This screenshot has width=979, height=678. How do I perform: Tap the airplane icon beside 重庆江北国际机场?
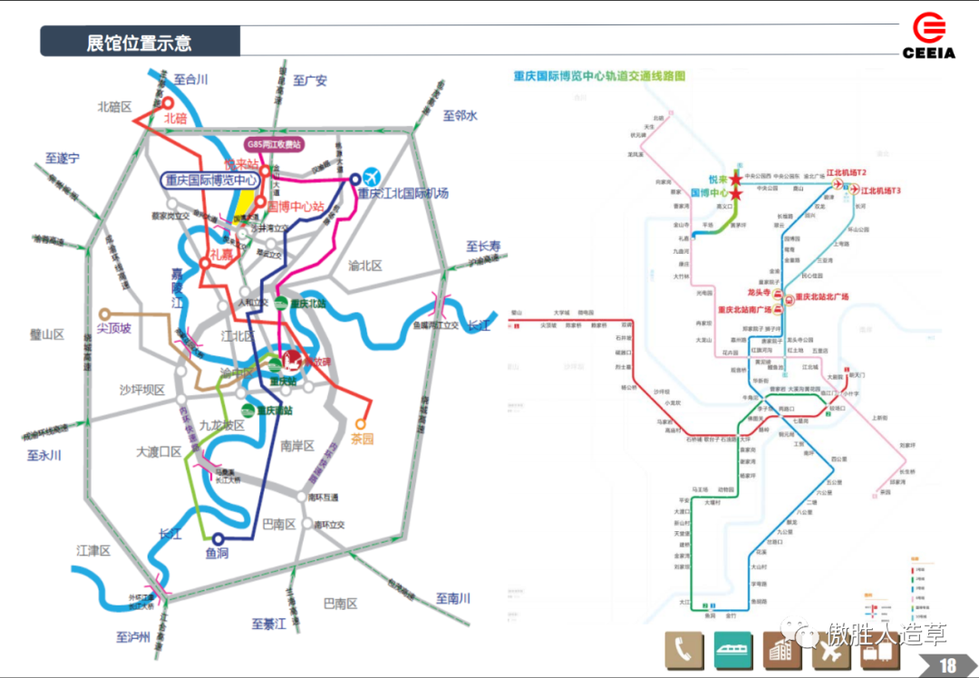[x=371, y=176]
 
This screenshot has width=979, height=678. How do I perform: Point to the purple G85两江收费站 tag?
[x=275, y=144]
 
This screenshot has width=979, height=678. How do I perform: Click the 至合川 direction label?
[x=191, y=80]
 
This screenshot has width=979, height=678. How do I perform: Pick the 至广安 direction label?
[x=310, y=81]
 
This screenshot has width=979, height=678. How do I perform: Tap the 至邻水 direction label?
[x=460, y=115]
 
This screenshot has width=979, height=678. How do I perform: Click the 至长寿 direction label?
[x=483, y=246]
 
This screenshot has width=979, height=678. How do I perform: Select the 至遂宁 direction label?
[x=63, y=158]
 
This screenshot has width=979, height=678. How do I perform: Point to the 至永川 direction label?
[x=44, y=455]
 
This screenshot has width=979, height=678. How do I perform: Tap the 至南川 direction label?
[x=453, y=598]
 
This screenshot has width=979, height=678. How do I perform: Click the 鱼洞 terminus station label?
[x=217, y=554]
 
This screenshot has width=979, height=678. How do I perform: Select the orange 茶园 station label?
[x=363, y=440]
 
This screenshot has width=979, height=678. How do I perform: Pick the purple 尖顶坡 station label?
[x=114, y=327]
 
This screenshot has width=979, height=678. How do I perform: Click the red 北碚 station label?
[x=175, y=118]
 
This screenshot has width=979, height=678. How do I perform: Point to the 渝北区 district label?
[x=365, y=266]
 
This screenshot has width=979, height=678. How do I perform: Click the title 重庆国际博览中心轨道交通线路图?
[x=599, y=76]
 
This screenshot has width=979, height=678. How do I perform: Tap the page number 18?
[x=947, y=665]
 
